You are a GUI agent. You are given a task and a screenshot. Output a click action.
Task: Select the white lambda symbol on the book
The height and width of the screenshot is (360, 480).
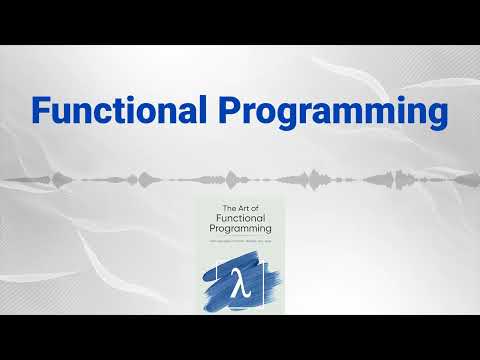pos(238,279)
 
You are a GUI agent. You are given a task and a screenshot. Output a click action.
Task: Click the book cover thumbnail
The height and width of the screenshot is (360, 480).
pos(240,255)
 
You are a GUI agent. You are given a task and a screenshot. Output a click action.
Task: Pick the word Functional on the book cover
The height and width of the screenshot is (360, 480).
pos(240,218)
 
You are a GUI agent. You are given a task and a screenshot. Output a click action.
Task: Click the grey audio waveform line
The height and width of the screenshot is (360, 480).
pos(100,180)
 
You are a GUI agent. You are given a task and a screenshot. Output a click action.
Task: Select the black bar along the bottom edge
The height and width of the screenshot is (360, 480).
pos(240,337)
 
